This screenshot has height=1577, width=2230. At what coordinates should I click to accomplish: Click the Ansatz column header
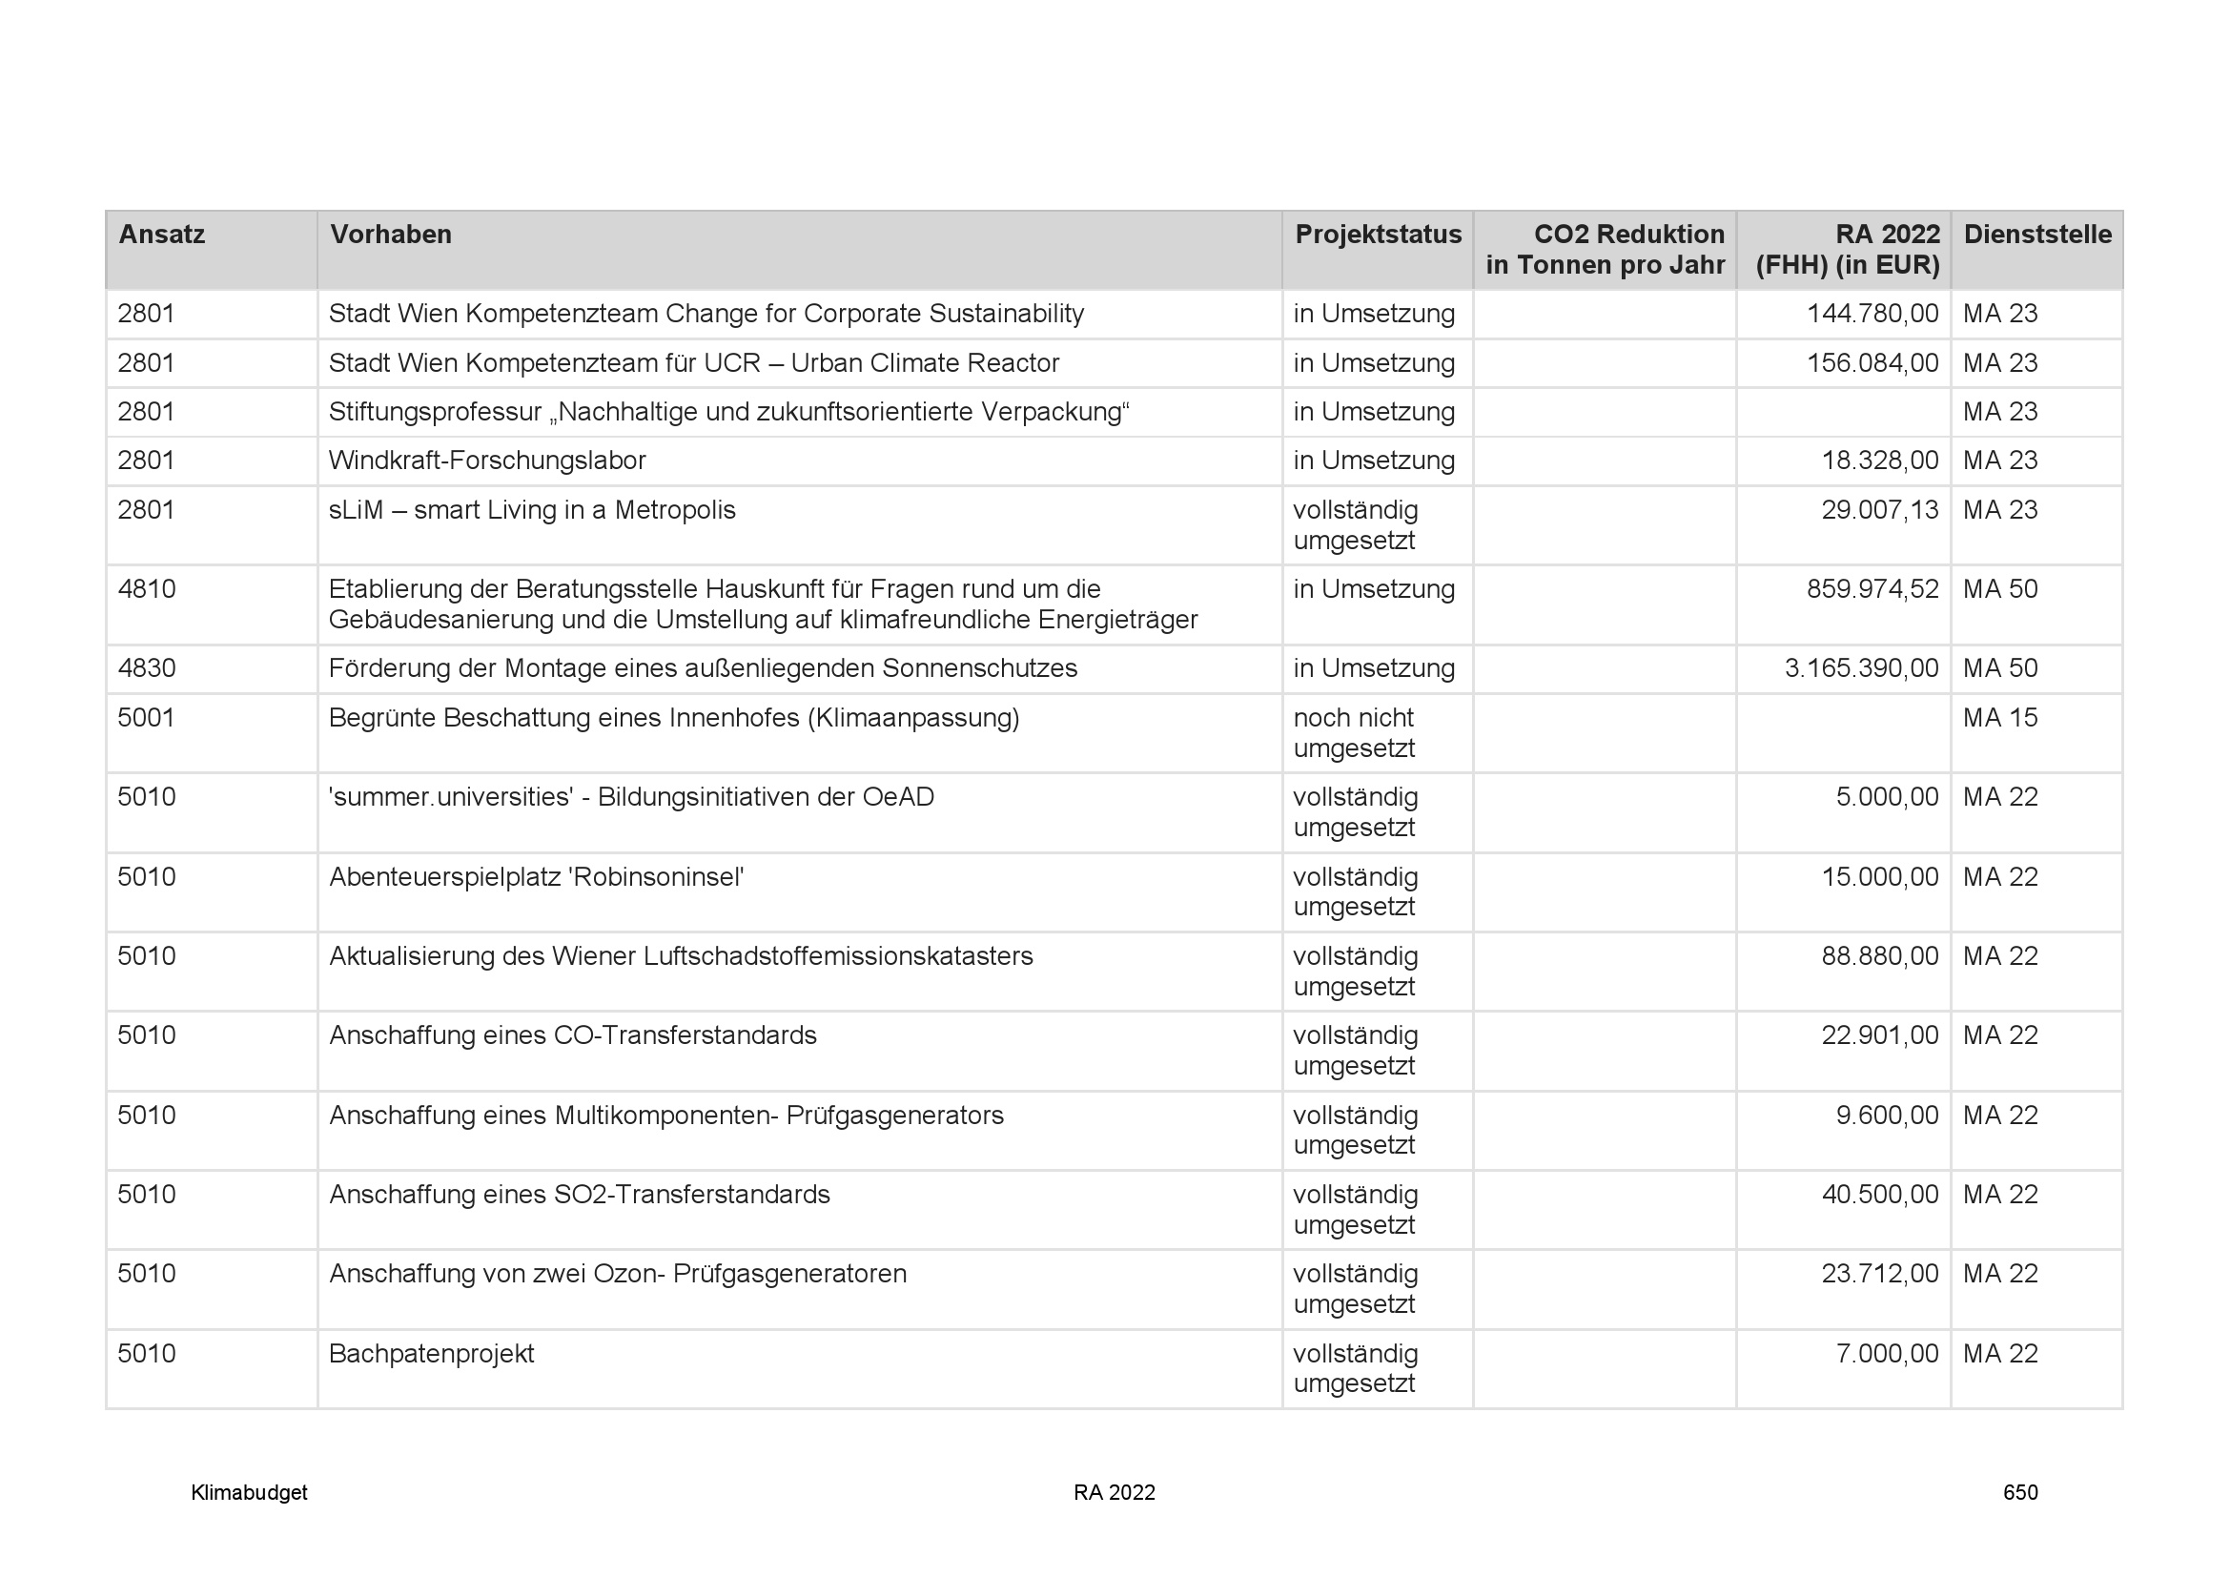click(x=161, y=235)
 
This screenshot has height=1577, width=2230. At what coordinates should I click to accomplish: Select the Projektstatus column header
click(x=1378, y=235)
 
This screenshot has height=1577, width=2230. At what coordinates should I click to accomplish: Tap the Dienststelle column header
click(x=2036, y=235)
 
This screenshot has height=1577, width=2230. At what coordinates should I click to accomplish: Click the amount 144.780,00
click(x=1872, y=314)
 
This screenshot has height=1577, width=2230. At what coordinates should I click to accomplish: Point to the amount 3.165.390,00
click(x=1861, y=668)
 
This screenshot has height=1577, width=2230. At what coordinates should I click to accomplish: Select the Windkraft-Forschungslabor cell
click(x=486, y=461)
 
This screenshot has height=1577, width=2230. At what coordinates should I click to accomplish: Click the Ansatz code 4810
click(x=147, y=589)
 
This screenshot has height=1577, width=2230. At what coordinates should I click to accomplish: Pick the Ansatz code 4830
click(x=147, y=668)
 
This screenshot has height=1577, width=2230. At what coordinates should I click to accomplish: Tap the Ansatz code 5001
click(x=147, y=718)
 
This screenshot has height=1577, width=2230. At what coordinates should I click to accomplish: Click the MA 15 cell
click(x=2000, y=718)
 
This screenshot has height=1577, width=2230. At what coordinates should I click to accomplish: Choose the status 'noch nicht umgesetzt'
click(x=1354, y=733)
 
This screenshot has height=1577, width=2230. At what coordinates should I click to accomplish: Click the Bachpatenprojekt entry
click(x=431, y=1354)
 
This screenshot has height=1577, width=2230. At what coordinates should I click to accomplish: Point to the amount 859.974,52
click(x=1872, y=589)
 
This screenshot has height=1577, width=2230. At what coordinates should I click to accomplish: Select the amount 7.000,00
click(x=1886, y=1354)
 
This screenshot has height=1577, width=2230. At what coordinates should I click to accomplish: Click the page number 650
click(x=2019, y=1492)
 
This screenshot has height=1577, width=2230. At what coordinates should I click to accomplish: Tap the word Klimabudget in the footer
click(x=249, y=1492)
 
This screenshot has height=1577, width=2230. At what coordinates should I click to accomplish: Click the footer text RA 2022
click(x=1114, y=1492)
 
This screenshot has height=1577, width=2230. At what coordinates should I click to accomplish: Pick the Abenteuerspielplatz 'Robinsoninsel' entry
click(x=536, y=877)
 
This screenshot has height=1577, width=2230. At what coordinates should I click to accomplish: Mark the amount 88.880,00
click(x=1879, y=956)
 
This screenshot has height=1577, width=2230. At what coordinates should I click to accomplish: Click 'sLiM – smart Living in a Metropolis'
click(x=531, y=510)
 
